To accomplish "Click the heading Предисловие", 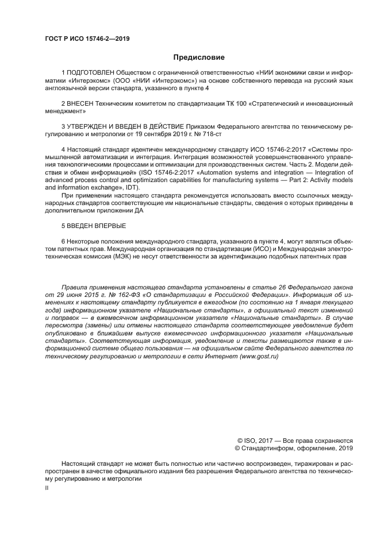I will pyautogui.click(x=199, y=57).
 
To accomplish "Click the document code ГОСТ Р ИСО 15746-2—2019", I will pyautogui.click(x=87, y=38).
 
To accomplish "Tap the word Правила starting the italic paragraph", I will pyautogui.click(x=73, y=286).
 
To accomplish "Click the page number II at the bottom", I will pyautogui.click(x=47, y=488).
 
